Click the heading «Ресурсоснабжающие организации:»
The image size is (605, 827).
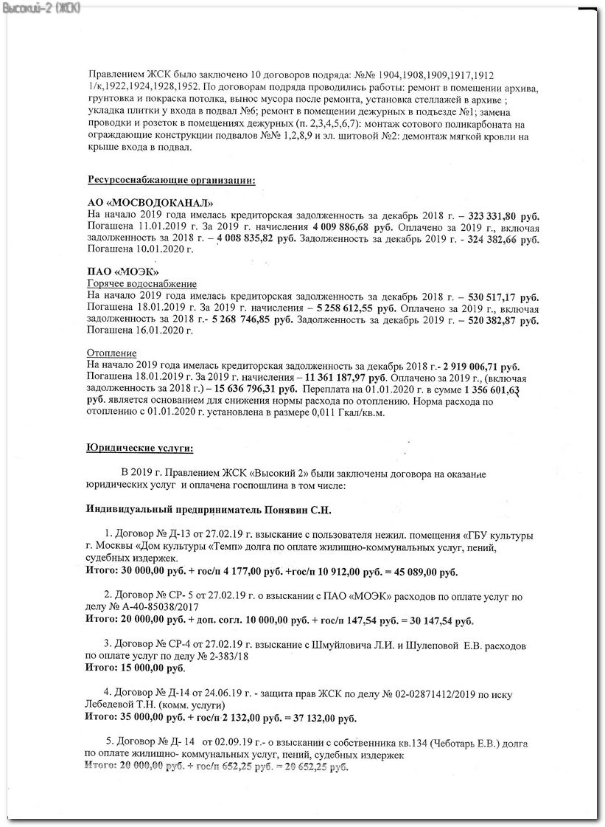point(172,180)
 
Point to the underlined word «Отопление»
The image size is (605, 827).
point(112,353)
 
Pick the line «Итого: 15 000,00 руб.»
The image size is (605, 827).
point(136,669)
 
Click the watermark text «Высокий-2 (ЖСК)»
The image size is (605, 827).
point(42,7)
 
